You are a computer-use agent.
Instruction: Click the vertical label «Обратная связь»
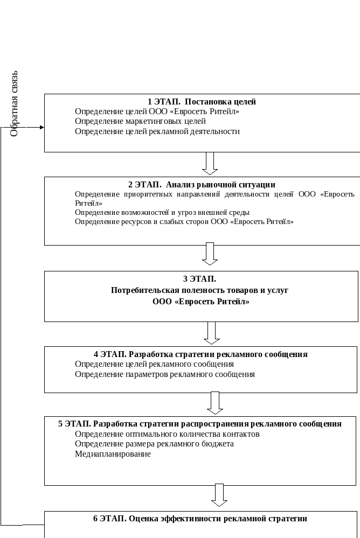[x=14, y=104]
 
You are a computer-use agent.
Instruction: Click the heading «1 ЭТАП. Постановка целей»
[x=202, y=102]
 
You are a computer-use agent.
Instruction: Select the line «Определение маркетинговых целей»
[x=140, y=121]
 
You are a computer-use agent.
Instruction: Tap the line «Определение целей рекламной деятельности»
[x=157, y=131]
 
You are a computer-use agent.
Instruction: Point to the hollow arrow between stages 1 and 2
[x=210, y=163]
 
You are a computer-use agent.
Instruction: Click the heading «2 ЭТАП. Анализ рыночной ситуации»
[x=202, y=185]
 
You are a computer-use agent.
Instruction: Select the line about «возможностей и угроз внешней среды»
[x=162, y=212]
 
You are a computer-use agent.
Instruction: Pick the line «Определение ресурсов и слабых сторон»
[x=184, y=222]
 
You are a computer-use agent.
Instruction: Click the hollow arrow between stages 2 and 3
[x=210, y=254]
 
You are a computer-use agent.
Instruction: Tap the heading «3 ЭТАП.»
[x=199, y=279]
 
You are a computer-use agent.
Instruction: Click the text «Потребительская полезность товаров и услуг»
[x=199, y=290]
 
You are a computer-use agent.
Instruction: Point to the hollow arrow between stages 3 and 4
[x=212, y=333]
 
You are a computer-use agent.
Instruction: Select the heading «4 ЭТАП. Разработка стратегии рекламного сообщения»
[x=200, y=354]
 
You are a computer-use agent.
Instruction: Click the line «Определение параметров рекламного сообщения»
[x=165, y=374]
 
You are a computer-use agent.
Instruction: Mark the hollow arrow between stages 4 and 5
[x=215, y=403]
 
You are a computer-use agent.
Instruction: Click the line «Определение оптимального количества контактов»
[x=167, y=434]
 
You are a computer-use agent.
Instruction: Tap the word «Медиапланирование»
[x=113, y=454]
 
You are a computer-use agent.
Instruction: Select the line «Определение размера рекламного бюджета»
[x=154, y=444]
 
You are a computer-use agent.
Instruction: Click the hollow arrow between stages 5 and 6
[x=219, y=495]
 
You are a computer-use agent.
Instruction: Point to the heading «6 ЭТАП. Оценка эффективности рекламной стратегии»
[x=200, y=519]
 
